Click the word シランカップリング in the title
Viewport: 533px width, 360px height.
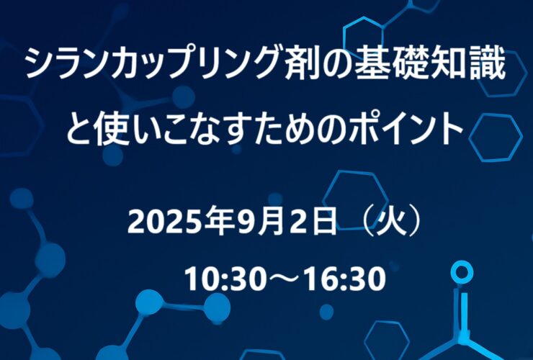[153, 63]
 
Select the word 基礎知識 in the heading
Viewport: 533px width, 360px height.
[429, 63]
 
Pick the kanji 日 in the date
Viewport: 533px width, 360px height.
[324, 221]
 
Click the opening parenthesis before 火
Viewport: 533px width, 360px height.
[369, 221]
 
